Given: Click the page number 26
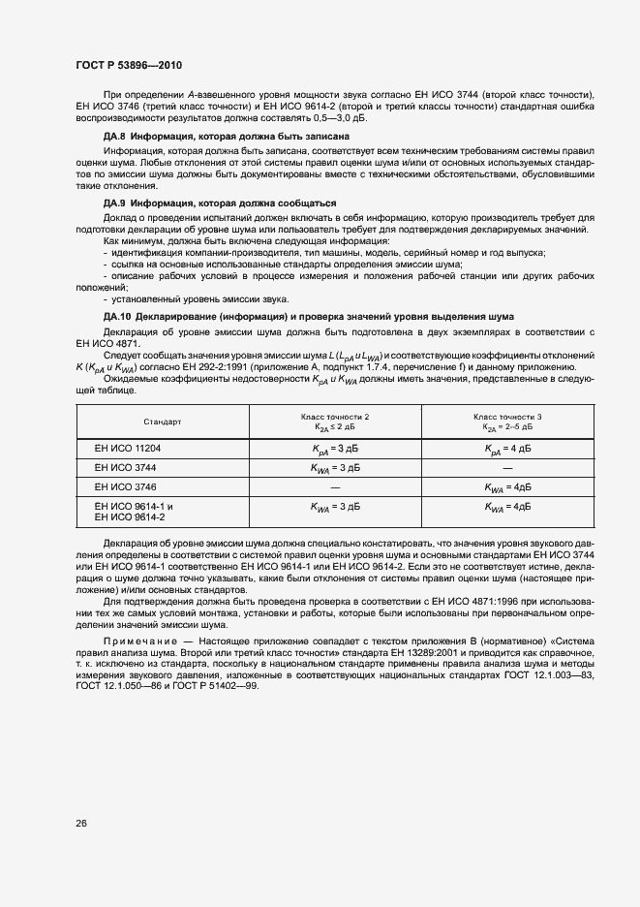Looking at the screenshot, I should point(80,824).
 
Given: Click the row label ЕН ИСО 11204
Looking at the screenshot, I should point(127,449).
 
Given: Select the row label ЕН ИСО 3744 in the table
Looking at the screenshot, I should point(125,467).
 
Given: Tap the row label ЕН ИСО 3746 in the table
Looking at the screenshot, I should point(125,485).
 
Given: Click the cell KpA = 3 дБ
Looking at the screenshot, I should point(335,449).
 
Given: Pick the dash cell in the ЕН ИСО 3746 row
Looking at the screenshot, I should point(335,485).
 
